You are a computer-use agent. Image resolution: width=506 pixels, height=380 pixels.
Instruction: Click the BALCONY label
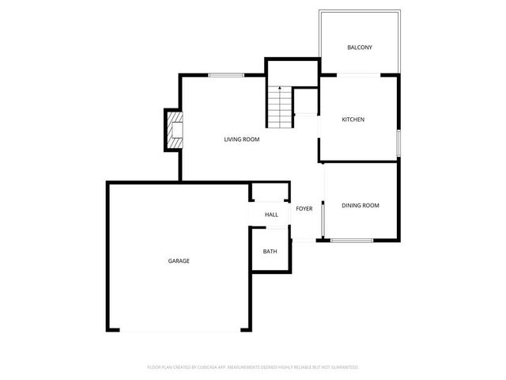coord(360,47)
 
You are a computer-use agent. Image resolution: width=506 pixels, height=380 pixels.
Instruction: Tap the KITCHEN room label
coord(353,120)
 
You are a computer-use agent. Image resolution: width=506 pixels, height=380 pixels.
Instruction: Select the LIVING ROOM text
coord(241,139)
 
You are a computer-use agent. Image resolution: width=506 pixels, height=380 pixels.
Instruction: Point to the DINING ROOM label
coord(361,205)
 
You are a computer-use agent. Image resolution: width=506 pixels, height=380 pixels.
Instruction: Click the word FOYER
coord(304,209)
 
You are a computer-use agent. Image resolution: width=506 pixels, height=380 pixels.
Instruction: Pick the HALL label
coord(271,215)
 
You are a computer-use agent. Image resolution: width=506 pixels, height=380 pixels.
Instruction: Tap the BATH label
coord(270,252)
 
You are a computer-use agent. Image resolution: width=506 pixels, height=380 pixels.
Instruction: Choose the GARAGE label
coord(178,260)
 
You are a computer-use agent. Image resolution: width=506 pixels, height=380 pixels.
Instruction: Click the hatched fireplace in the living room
coord(174,130)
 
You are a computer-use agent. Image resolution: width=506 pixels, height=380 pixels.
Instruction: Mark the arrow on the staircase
coord(279,91)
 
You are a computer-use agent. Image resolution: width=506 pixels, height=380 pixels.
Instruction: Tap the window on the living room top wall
coord(226,75)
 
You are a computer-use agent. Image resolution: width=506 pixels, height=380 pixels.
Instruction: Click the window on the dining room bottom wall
coord(353,240)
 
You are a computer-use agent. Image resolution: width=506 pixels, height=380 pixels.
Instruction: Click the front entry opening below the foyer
coord(304,241)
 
